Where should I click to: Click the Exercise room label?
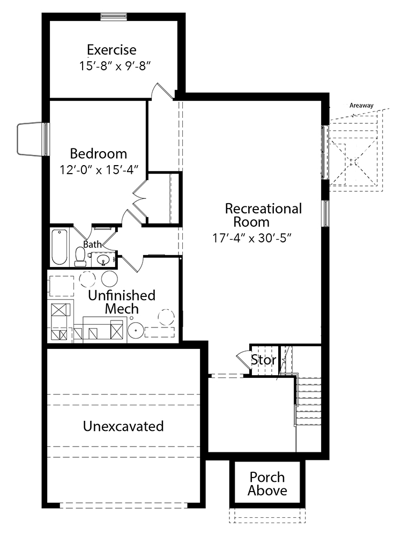111,50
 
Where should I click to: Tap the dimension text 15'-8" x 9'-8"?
115,65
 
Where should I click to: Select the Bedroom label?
99,154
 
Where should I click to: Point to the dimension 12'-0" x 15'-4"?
99,169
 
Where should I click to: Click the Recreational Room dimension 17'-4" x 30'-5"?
252,237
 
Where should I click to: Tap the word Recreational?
264,209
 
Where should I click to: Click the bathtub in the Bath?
59,247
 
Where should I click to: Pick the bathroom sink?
102,260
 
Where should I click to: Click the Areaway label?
361,106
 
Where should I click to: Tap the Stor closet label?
264,360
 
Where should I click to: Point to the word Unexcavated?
123,426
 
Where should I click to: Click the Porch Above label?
267,483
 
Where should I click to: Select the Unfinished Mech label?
122,302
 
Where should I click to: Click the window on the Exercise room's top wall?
114,17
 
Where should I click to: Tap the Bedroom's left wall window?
46,139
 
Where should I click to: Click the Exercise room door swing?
162,91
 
